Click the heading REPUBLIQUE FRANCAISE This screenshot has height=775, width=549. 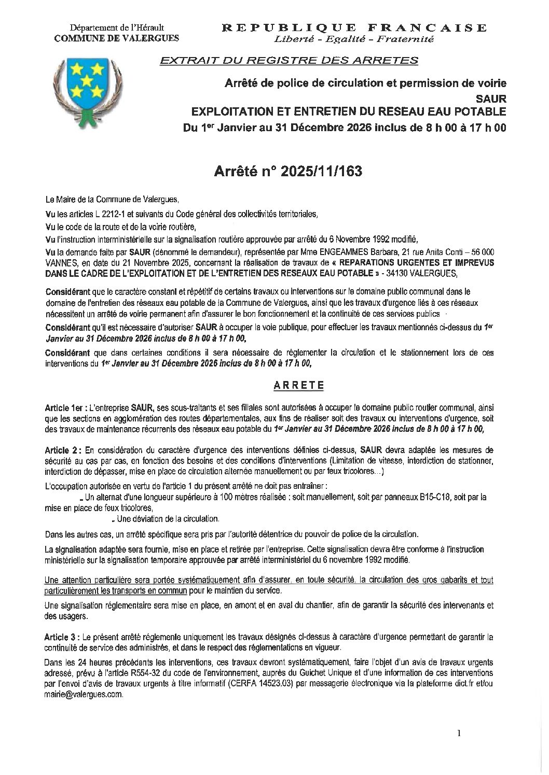pos(354,27)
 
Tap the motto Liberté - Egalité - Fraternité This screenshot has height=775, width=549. pos(354,39)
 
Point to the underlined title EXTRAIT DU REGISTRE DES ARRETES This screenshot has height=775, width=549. pos(289,61)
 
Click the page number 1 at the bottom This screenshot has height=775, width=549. pos(459,732)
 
